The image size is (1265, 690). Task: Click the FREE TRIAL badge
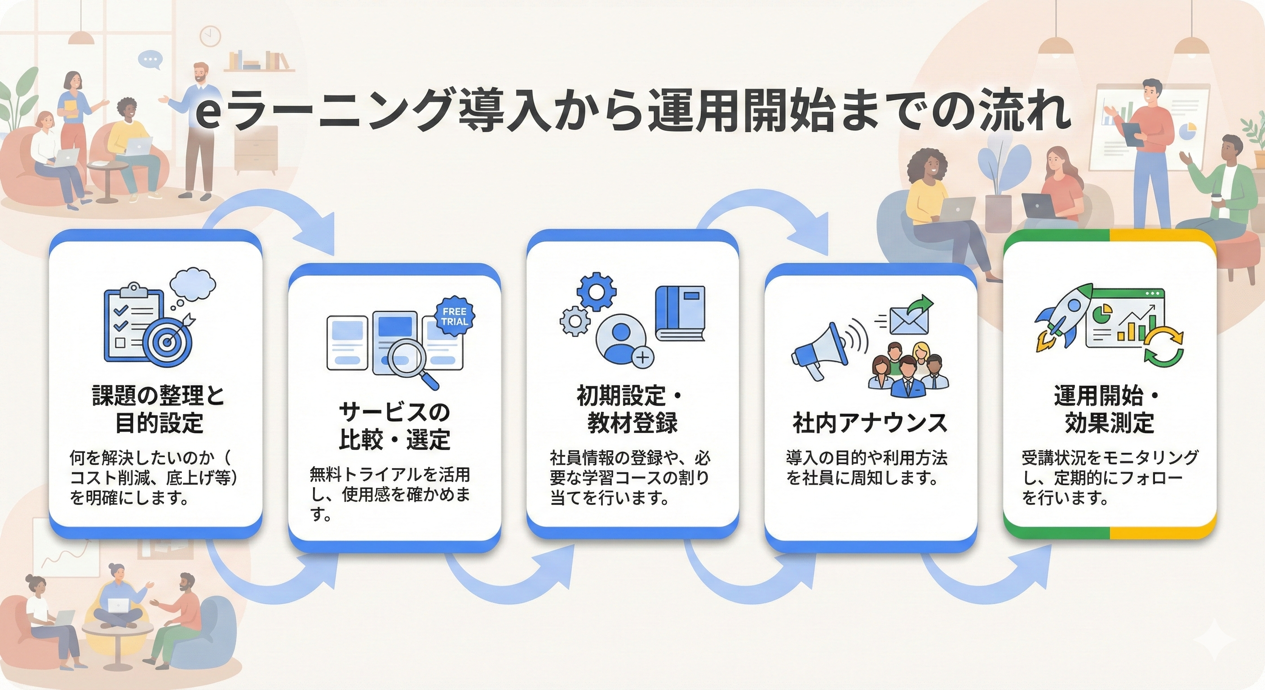pos(454,316)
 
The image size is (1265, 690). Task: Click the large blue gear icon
pos(596,292)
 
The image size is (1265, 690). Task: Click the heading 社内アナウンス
pos(870,423)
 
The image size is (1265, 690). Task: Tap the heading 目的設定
pos(159,423)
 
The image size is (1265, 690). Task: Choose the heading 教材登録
pos(632,423)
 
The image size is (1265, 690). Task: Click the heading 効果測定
pos(1109,423)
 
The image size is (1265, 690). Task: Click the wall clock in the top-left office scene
pos(210,35)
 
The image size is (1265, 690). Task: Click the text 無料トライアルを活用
pos(390,474)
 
